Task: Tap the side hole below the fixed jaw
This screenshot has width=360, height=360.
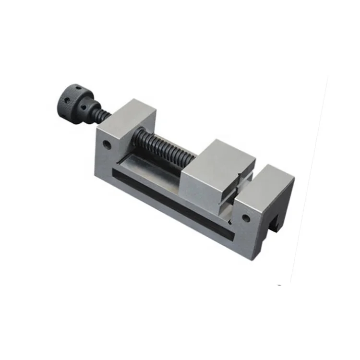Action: pos(246,218)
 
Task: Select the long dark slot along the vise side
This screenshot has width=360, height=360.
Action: pos(173,202)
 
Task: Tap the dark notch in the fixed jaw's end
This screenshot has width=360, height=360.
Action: pos(274,224)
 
